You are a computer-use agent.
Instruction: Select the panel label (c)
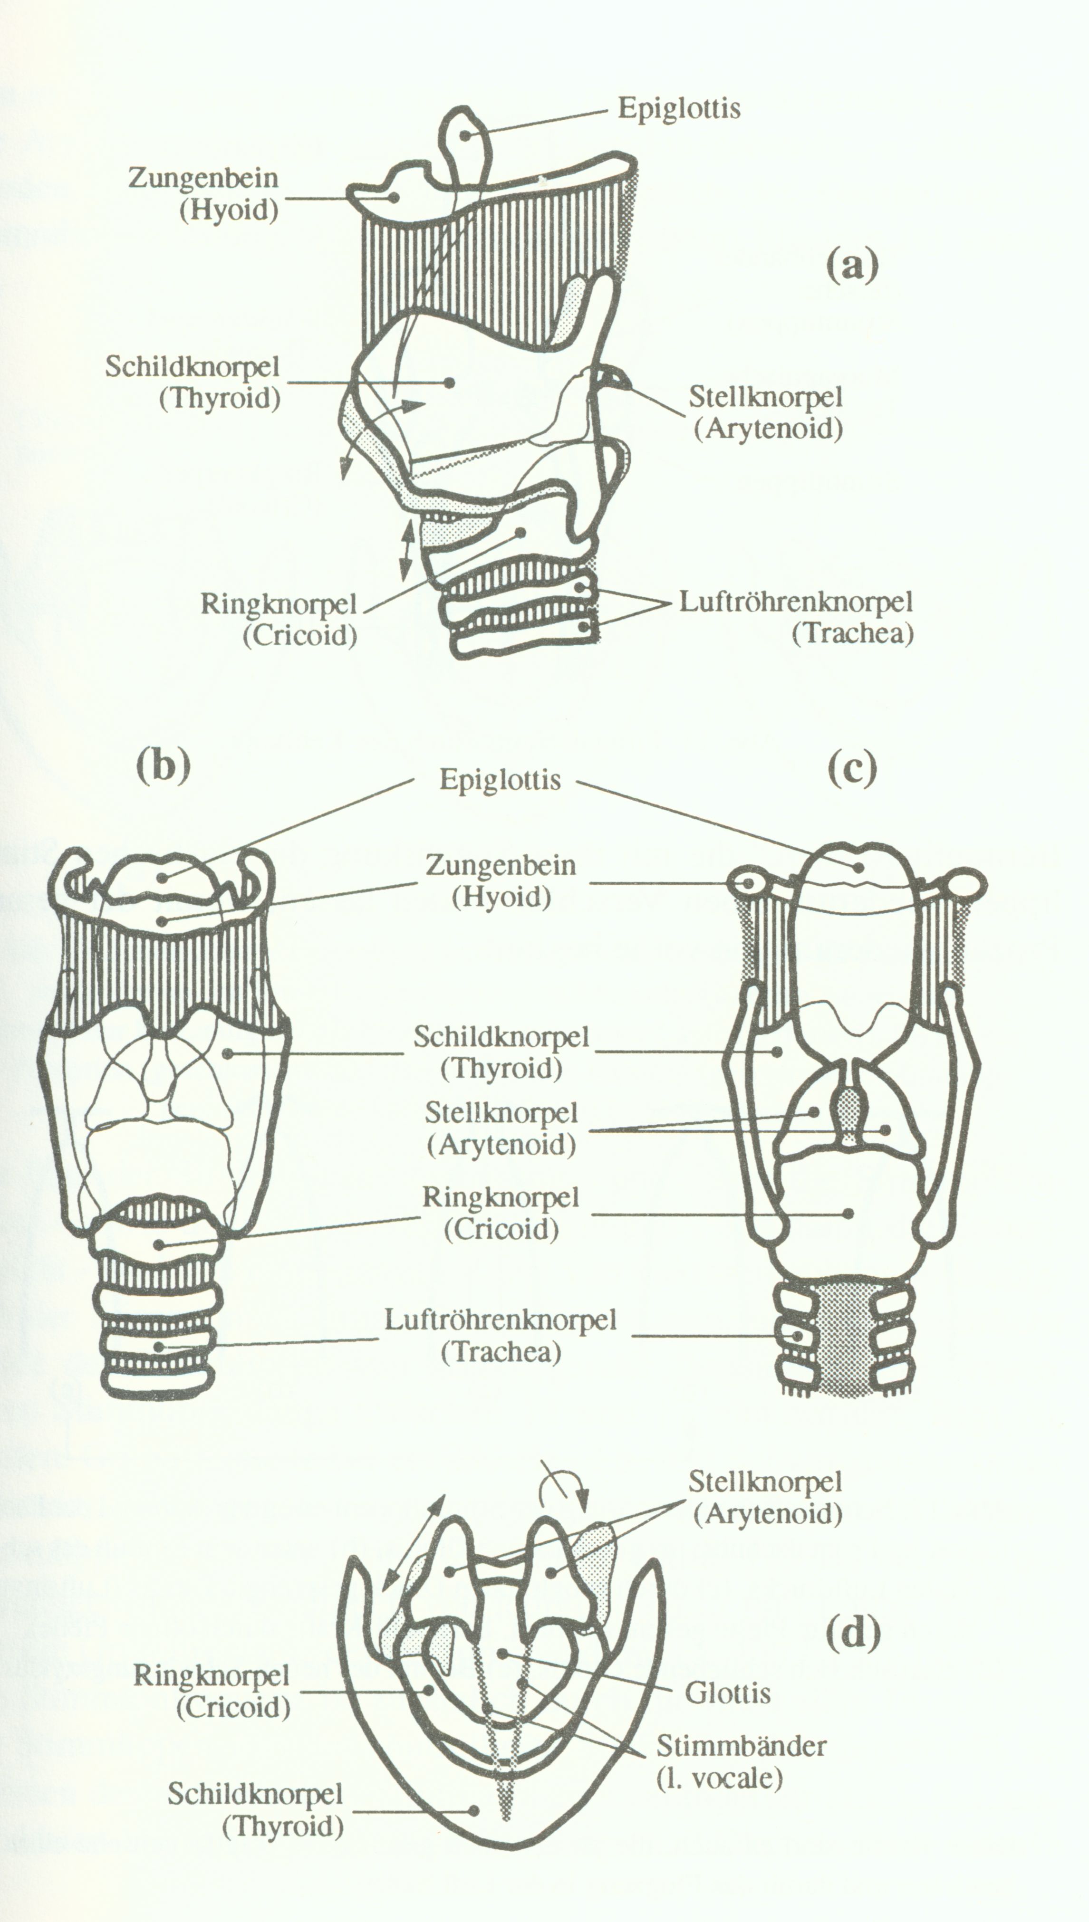tap(852, 769)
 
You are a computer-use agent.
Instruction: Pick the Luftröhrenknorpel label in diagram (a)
tap(796, 602)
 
